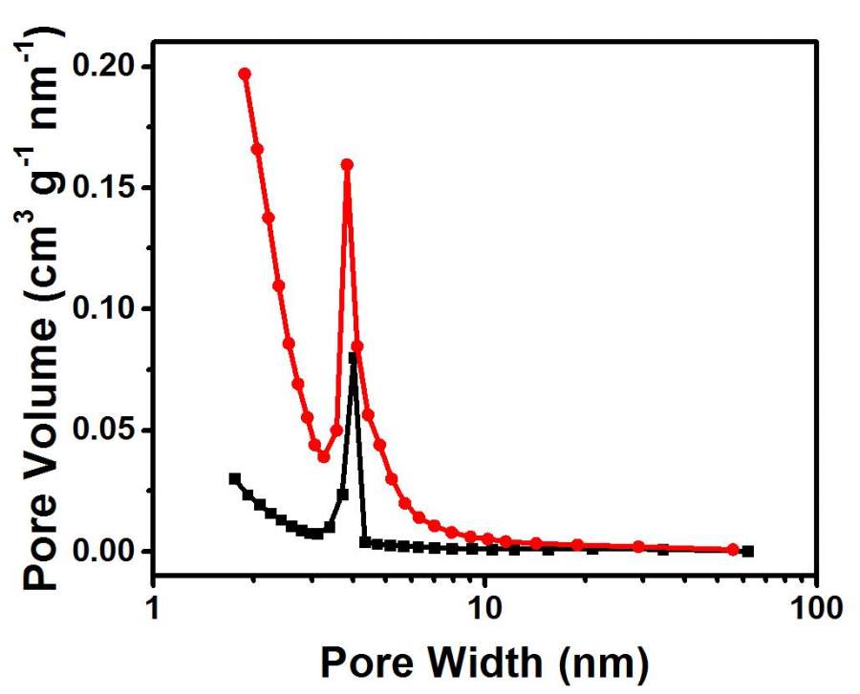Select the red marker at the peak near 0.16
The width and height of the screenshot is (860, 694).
tap(347, 164)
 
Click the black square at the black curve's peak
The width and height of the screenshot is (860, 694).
tap(353, 358)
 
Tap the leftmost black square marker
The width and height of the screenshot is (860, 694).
tap(234, 478)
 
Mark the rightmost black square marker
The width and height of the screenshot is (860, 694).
tap(748, 551)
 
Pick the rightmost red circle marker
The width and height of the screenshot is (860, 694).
tap(733, 549)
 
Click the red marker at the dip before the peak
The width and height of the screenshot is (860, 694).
tap(324, 456)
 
